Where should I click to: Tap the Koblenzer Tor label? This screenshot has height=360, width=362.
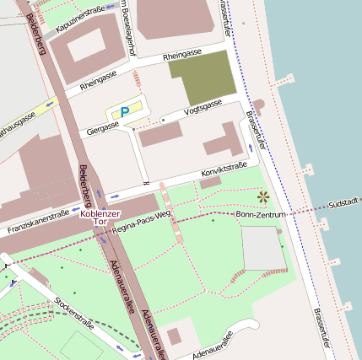100,218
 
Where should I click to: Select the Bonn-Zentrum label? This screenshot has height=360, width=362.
261,215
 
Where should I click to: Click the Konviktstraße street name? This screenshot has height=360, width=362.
224,171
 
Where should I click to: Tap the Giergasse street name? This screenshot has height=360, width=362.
103,129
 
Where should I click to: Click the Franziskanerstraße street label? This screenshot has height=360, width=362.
38,222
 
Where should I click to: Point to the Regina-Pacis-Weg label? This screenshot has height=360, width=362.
141,221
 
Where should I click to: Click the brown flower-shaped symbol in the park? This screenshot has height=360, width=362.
262,196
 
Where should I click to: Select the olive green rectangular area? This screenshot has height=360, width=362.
203,78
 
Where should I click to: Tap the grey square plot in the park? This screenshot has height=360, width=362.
262,248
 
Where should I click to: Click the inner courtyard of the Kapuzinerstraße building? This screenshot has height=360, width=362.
86,48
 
